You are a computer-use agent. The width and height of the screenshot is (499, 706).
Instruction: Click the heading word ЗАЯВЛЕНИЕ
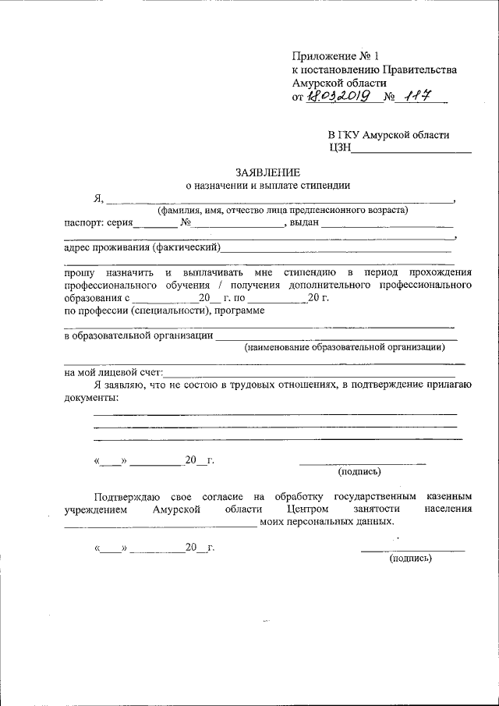coord(267,172)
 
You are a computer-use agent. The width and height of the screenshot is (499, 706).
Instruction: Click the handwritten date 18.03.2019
coord(338,97)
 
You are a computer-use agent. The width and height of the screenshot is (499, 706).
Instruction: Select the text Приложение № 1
coord(334,56)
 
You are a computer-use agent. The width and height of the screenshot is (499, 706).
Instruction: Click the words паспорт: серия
coord(98,223)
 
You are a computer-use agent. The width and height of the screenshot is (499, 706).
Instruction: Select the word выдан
coord(304,223)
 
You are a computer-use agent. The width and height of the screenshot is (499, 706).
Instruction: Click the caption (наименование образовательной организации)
coord(344,347)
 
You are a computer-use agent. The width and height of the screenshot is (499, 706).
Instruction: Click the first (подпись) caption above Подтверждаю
coord(359,471)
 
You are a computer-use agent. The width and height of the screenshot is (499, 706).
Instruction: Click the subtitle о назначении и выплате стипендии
coord(267,185)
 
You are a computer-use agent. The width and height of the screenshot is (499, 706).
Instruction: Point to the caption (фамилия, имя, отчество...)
coord(281,210)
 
